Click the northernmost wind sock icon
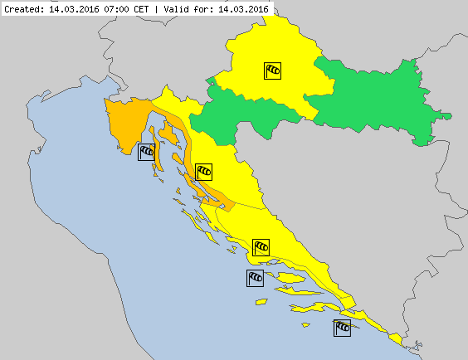(x=273, y=71)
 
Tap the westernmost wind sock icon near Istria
(x=146, y=151)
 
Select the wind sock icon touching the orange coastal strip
(x=203, y=172)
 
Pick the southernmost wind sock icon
(x=342, y=328)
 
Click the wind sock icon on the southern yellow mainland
(x=261, y=246)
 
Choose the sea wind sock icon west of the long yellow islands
(x=256, y=278)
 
